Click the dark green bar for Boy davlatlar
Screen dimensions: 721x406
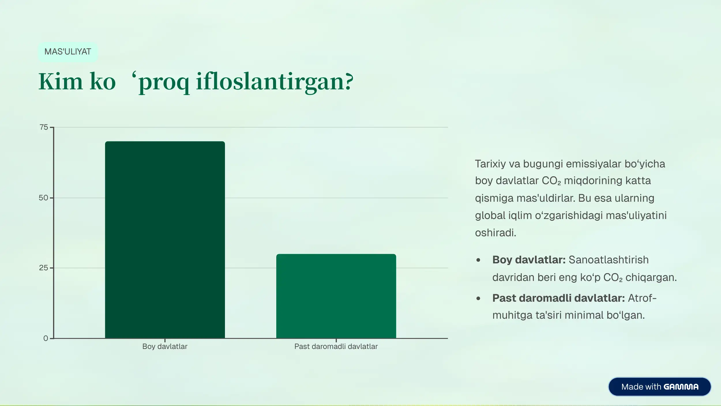click(x=165, y=239)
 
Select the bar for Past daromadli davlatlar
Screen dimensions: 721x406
click(x=336, y=296)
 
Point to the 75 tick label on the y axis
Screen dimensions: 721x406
click(x=44, y=127)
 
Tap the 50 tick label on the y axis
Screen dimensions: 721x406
click(x=43, y=198)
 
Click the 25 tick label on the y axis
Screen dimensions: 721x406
click(x=44, y=268)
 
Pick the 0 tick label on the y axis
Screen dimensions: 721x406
click(x=46, y=338)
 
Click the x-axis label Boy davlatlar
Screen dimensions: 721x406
click(x=165, y=346)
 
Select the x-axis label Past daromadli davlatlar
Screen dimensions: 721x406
click(x=336, y=346)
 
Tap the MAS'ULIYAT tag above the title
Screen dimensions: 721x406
click(x=68, y=52)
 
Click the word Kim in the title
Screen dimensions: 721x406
click(x=61, y=82)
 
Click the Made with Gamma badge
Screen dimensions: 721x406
click(x=660, y=387)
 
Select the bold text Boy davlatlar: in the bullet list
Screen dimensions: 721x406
click(x=529, y=260)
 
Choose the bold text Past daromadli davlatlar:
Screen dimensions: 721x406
click(x=558, y=298)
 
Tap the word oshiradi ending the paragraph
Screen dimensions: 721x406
click(x=495, y=233)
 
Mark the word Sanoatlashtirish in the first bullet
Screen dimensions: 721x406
click(x=609, y=260)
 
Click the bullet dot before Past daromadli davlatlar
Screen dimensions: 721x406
click(x=478, y=299)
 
